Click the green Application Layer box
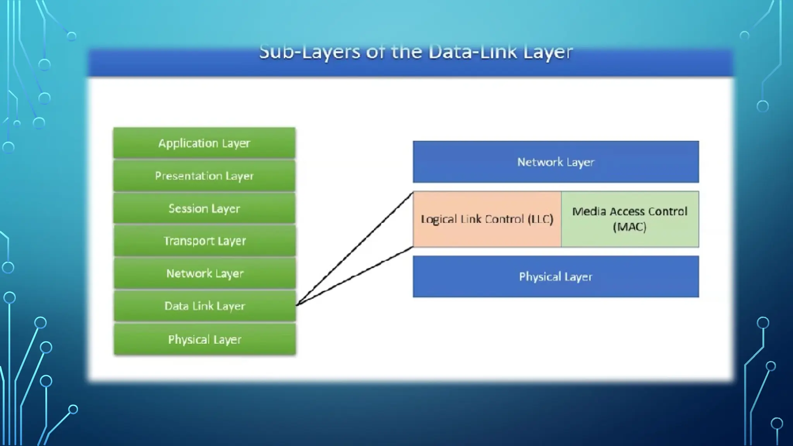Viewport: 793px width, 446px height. coord(204,143)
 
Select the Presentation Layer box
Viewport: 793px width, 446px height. coord(204,176)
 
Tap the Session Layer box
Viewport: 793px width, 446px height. coord(204,208)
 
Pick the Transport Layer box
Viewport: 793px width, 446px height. coord(204,241)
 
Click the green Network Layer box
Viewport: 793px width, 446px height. coord(204,273)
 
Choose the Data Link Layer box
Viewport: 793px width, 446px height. coord(204,306)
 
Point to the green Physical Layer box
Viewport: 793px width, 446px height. coord(204,340)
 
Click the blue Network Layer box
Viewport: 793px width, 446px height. coord(556,162)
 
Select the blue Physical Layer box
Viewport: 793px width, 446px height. coord(556,276)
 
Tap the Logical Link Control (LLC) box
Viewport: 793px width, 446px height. coord(487,219)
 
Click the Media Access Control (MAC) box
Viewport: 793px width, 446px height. coord(630,219)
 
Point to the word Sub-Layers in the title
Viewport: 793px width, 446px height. coord(310,52)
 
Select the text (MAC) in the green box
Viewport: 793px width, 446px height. coord(630,226)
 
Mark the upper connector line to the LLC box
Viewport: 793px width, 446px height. coord(354,249)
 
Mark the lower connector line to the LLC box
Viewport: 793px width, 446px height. coord(354,276)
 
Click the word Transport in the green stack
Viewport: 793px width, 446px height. coord(189,241)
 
